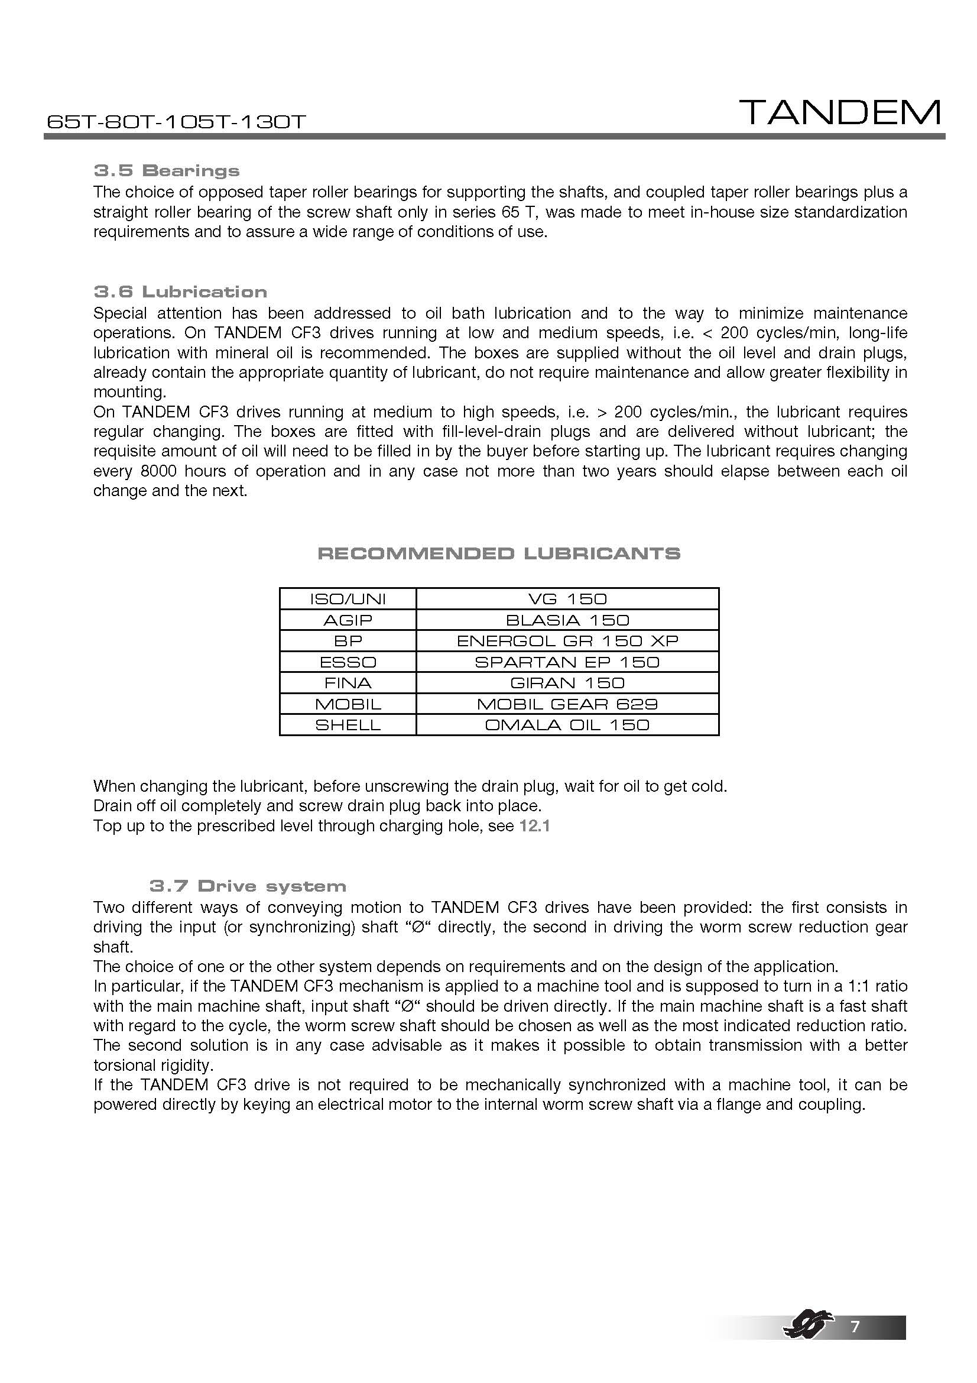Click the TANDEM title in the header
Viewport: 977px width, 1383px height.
pos(840,113)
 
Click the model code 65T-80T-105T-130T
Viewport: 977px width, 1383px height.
pos(176,122)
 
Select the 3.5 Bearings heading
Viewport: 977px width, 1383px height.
pos(167,170)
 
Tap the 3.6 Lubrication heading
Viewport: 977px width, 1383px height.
pos(181,292)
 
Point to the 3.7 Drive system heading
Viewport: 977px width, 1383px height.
pos(248,886)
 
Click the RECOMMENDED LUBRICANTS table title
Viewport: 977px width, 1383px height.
pos(498,553)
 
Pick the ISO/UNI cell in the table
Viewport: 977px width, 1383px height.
pos(348,599)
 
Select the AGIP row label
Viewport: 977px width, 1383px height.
pos(348,620)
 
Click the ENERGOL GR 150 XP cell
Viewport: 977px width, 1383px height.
pos(567,641)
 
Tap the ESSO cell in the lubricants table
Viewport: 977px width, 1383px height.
pos(348,662)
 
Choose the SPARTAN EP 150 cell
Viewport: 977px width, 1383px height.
pos(567,662)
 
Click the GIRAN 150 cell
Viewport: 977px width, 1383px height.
pos(567,683)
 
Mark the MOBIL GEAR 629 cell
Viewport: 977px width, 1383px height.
pos(567,704)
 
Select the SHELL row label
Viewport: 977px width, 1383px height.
pos(348,725)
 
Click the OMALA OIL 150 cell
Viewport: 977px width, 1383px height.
pos(567,725)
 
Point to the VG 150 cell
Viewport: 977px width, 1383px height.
pos(567,599)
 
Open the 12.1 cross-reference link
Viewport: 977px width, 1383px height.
pos(534,826)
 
